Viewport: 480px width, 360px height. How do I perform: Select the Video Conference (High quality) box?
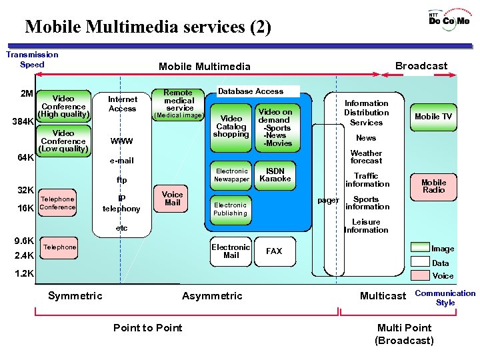63,106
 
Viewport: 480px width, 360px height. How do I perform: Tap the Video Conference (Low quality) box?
63,141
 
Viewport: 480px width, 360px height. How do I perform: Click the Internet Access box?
122,103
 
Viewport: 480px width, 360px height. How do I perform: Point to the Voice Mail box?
172,199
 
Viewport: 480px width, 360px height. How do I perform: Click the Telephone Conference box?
57,203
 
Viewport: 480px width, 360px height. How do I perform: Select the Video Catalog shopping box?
231,126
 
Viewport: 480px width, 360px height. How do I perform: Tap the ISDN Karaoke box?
275,175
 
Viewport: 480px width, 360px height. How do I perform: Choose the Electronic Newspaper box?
231,175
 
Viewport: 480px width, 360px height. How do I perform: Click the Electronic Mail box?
231,251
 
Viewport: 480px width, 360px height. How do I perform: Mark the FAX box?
274,251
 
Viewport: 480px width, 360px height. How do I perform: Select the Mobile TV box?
433,117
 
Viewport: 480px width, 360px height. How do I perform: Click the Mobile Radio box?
433,186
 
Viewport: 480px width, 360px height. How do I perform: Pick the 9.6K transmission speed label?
24,241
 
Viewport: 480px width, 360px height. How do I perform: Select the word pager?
328,200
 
